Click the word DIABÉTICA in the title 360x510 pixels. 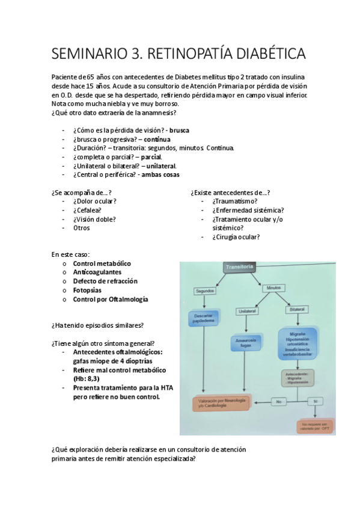[263, 54]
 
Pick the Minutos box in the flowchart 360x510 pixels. [273, 288]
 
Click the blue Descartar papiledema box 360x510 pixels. [204, 318]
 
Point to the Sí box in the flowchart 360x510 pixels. [316, 401]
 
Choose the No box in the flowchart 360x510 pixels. [278, 401]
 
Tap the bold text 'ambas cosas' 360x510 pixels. [160, 175]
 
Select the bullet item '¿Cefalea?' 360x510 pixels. [87, 210]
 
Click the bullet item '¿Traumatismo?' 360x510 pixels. [235, 201]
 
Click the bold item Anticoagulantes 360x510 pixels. [97, 272]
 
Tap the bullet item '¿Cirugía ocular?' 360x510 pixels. [236, 237]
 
